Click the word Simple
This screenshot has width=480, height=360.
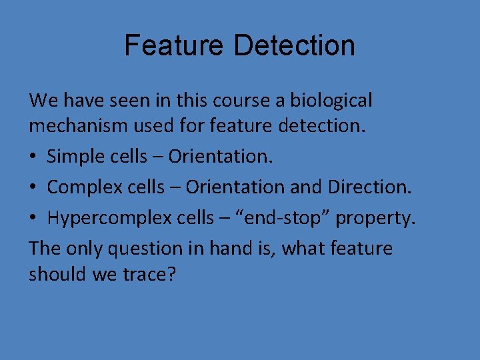(x=73, y=157)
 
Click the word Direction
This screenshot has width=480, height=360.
(x=369, y=188)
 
